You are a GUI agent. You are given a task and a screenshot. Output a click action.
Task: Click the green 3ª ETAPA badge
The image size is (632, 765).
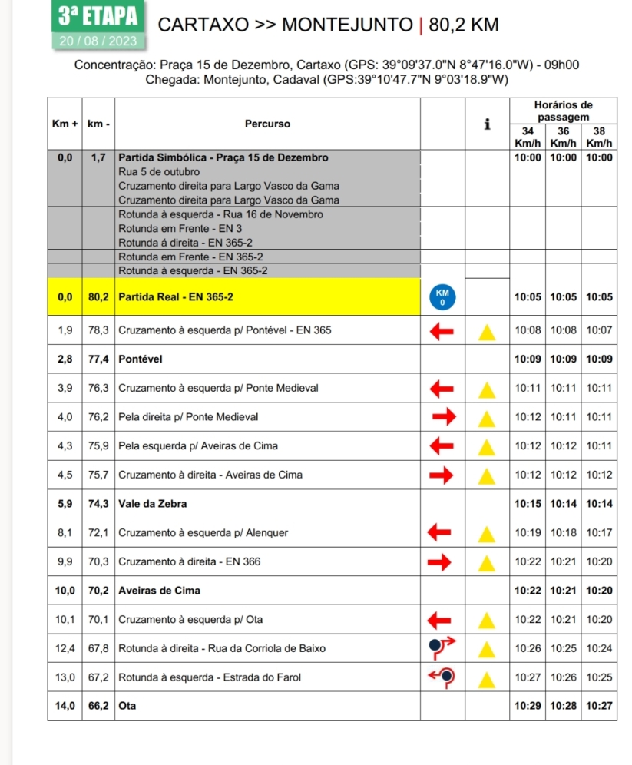[96, 15]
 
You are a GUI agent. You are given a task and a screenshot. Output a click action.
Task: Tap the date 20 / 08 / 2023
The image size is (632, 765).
[96, 41]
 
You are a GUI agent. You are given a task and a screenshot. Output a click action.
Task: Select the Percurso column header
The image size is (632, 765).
[267, 123]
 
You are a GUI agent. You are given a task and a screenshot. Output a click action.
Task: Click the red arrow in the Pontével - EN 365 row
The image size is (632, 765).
[441, 331]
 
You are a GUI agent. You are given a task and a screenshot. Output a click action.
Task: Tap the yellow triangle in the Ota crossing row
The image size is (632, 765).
[485, 620]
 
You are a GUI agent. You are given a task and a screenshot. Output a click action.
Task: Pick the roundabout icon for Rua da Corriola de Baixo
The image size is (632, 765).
[442, 648]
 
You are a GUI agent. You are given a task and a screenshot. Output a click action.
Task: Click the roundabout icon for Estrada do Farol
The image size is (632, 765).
[442, 677]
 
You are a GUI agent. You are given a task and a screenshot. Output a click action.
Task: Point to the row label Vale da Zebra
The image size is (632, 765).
[153, 504]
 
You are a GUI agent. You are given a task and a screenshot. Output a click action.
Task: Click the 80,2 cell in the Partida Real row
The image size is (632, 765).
[99, 297]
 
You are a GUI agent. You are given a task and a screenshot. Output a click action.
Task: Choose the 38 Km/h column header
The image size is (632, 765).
[598, 137]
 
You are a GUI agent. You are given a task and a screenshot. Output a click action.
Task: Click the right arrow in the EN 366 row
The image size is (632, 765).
[441, 561]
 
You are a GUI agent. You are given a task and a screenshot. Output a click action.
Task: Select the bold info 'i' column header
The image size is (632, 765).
[487, 124]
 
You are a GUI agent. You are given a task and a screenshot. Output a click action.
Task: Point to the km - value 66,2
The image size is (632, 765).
[99, 707]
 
